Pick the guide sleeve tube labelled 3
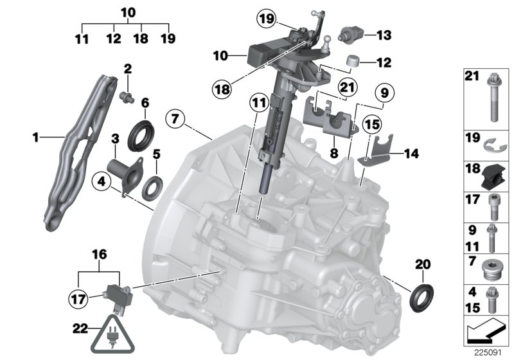click(121, 172)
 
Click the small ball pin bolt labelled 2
click(127, 96)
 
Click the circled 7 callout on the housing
click(174, 119)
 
